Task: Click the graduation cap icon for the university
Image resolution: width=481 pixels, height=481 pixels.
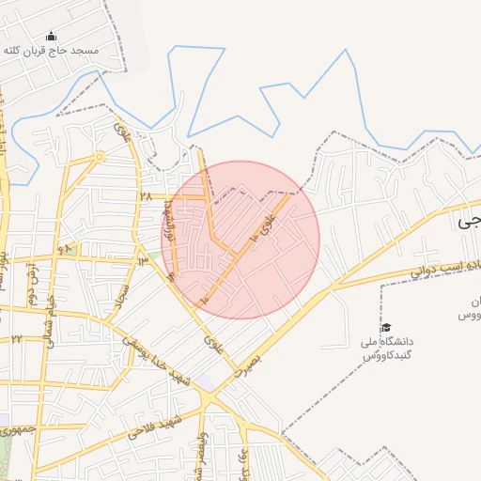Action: coord(386,328)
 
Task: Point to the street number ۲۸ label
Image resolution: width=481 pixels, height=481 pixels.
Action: coord(146,196)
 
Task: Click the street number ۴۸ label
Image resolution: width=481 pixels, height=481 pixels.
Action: coord(65,249)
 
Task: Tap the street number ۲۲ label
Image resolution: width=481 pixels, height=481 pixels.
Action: coord(16,338)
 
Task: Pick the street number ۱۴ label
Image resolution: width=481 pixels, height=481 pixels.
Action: coord(143,260)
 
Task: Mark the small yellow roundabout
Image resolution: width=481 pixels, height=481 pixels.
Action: coord(99,156)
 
